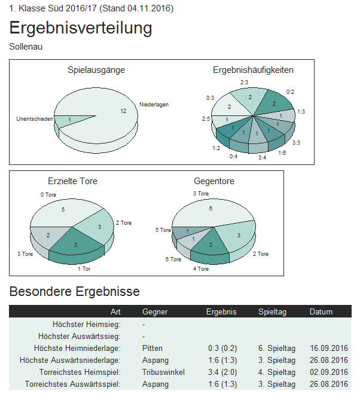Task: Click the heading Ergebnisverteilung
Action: click(x=81, y=28)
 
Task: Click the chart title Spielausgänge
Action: click(x=96, y=71)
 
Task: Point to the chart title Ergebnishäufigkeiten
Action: click(x=253, y=71)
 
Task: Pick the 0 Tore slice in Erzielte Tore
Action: click(x=63, y=210)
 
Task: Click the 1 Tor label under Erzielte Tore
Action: click(x=84, y=268)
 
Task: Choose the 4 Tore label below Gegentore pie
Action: click(x=201, y=269)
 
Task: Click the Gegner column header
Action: click(x=155, y=311)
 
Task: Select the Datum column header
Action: click(x=321, y=311)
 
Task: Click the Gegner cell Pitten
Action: click(x=152, y=348)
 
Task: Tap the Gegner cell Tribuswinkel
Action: click(x=163, y=372)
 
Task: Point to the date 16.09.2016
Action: click(x=329, y=348)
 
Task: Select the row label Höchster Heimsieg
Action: click(x=87, y=324)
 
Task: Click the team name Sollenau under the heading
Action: click(x=26, y=47)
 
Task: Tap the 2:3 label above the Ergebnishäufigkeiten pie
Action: click(x=244, y=82)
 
